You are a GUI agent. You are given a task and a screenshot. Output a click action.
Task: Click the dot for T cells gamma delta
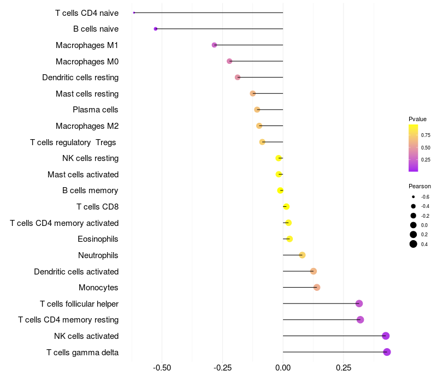(x=387, y=352)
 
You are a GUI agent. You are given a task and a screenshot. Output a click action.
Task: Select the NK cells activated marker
(x=386, y=336)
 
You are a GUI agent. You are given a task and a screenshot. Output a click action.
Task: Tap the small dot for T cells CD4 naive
(x=134, y=13)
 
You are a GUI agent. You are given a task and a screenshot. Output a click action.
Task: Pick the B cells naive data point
(x=156, y=28)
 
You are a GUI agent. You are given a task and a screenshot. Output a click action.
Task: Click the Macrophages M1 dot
(x=214, y=45)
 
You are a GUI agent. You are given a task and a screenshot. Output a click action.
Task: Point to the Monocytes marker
(x=317, y=288)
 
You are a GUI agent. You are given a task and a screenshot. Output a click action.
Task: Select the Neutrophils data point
(x=302, y=255)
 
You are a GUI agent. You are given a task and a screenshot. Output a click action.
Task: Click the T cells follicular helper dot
(x=359, y=303)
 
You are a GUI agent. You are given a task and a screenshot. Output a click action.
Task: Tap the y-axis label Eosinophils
(x=98, y=239)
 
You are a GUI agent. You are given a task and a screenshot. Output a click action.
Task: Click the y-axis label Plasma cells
(x=96, y=110)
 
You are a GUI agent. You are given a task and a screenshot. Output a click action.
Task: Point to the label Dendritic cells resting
(x=80, y=77)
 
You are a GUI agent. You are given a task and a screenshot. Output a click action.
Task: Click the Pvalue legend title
(x=417, y=118)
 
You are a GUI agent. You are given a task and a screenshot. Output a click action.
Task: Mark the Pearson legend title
(x=420, y=186)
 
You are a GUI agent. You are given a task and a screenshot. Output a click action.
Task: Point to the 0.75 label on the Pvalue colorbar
(x=426, y=135)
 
